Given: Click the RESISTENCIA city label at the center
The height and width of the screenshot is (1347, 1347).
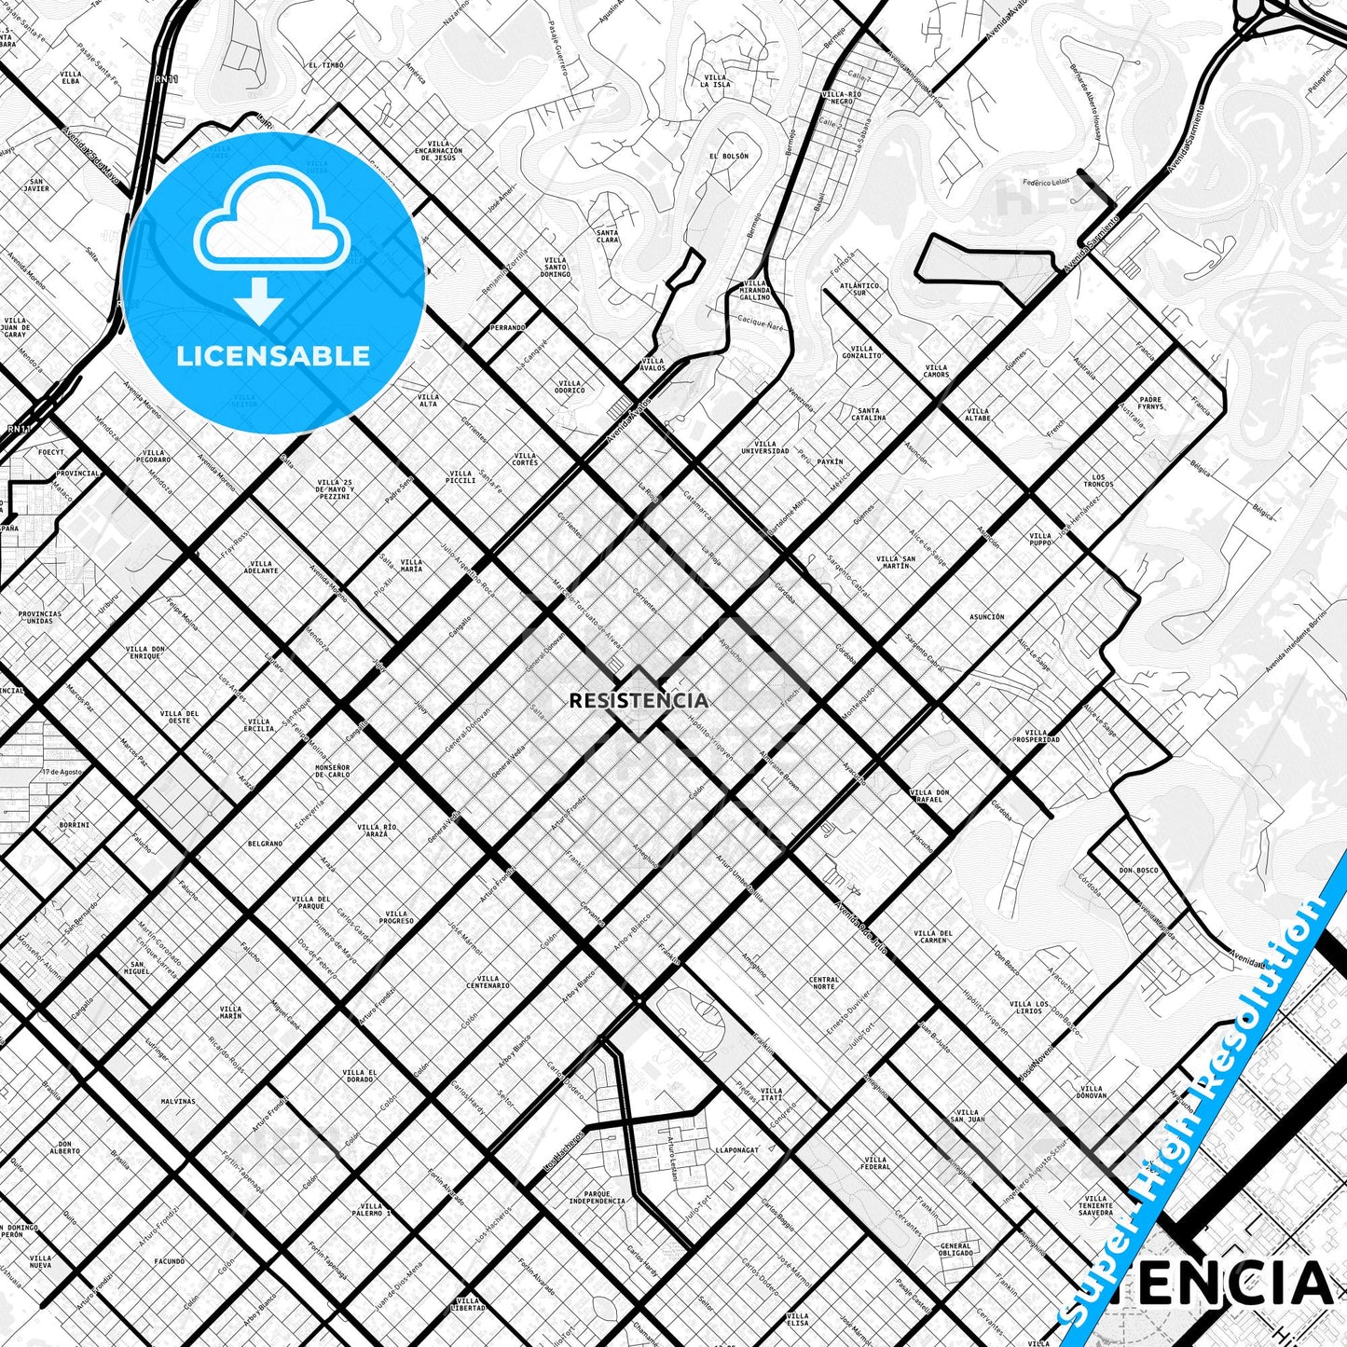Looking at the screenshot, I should tap(639, 700).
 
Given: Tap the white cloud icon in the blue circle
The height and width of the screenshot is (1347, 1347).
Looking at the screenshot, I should tap(271, 227).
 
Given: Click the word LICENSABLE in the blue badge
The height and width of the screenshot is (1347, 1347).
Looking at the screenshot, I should tap(273, 356).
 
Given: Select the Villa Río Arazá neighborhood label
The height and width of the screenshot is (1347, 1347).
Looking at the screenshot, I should tap(377, 831).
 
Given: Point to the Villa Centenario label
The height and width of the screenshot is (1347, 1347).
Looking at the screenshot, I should tap(488, 982).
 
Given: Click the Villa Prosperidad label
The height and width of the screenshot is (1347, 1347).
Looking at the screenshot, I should tap(1036, 735).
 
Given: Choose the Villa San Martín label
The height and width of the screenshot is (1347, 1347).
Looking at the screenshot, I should tap(895, 562).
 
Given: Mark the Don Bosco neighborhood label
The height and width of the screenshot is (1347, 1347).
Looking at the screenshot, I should tap(1138, 871).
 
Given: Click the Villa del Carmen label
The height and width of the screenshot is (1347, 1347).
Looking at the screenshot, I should tap(933, 937).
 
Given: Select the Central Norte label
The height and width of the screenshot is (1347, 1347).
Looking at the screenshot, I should tap(824, 983).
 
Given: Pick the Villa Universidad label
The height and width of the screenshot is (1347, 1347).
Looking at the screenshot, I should tap(764, 447).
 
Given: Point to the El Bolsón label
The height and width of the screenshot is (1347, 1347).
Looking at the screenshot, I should tap(728, 157).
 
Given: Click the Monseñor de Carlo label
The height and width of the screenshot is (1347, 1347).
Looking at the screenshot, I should tap(332, 771).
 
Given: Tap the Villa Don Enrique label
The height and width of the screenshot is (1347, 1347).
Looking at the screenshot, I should tap(145, 653).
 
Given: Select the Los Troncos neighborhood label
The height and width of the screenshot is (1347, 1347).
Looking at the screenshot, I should tap(1098, 480).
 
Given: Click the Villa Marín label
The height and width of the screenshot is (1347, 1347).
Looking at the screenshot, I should tap(230, 1012).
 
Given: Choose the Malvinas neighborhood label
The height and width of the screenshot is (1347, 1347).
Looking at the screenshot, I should tap(178, 1101).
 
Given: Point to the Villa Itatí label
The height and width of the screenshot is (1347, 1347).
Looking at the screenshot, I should tap(771, 1093).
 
